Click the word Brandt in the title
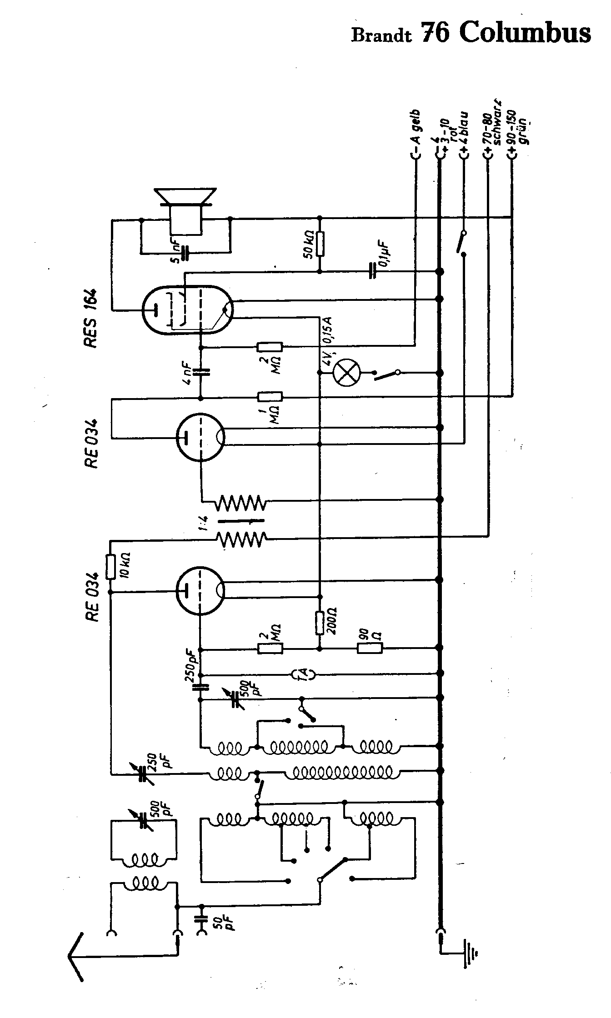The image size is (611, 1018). tap(381, 35)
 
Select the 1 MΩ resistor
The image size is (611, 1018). tap(270, 397)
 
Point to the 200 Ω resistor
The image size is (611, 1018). tap(320, 623)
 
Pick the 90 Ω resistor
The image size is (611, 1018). tap(370, 648)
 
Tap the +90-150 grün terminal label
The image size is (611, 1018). tap(518, 132)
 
